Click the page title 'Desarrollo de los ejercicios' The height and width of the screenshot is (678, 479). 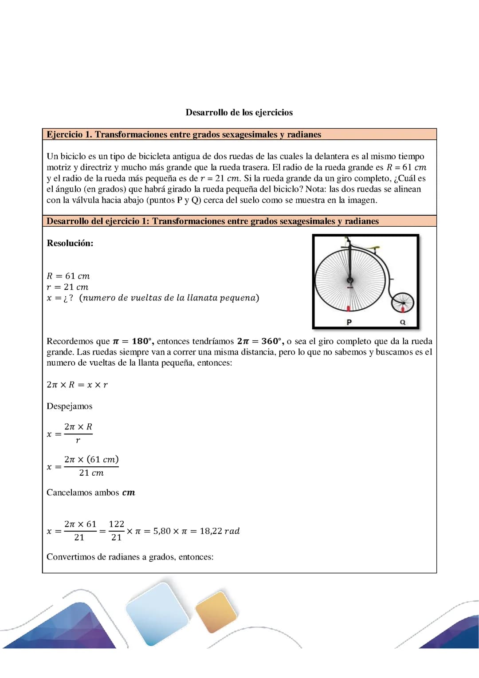point(239,112)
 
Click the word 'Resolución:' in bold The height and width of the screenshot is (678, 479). point(70,243)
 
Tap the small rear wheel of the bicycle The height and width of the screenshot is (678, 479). point(402,303)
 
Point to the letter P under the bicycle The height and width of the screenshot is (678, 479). point(349,322)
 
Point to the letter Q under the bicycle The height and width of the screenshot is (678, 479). point(402,322)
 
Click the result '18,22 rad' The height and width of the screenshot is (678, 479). point(220,531)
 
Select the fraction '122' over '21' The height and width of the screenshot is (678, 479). point(117,531)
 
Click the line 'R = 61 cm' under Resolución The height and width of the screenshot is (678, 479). point(68,276)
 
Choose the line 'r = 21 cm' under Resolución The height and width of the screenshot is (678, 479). point(67,287)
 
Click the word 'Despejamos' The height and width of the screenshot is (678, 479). point(70,406)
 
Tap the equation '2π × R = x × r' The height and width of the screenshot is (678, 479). point(77,385)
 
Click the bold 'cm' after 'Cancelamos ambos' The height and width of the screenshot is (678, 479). point(129,493)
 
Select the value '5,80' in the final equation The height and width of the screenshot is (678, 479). point(162,531)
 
